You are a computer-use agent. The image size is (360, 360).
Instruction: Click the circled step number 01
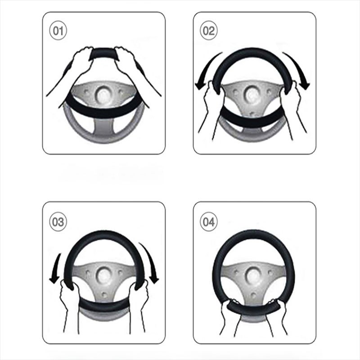tap(58, 31)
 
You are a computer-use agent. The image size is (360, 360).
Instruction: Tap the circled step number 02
tap(208, 31)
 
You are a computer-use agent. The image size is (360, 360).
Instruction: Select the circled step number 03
tap(58, 222)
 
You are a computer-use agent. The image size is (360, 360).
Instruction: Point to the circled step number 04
tap(208, 222)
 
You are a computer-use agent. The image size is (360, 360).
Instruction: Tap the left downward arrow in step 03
tap(56, 269)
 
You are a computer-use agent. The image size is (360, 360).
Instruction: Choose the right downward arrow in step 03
tap(150, 264)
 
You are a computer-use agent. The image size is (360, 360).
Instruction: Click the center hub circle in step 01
tap(104, 94)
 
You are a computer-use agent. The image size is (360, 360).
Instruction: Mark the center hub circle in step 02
tap(252, 94)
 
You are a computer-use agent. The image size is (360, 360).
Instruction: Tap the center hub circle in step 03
tap(104, 274)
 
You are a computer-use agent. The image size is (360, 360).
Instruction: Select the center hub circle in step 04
tap(253, 274)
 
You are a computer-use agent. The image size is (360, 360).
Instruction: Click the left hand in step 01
tap(78, 62)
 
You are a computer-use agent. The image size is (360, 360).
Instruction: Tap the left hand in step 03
tap(69, 298)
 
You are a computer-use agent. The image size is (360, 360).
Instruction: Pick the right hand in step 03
tap(138, 298)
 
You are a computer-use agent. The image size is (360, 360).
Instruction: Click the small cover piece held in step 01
tap(104, 54)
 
